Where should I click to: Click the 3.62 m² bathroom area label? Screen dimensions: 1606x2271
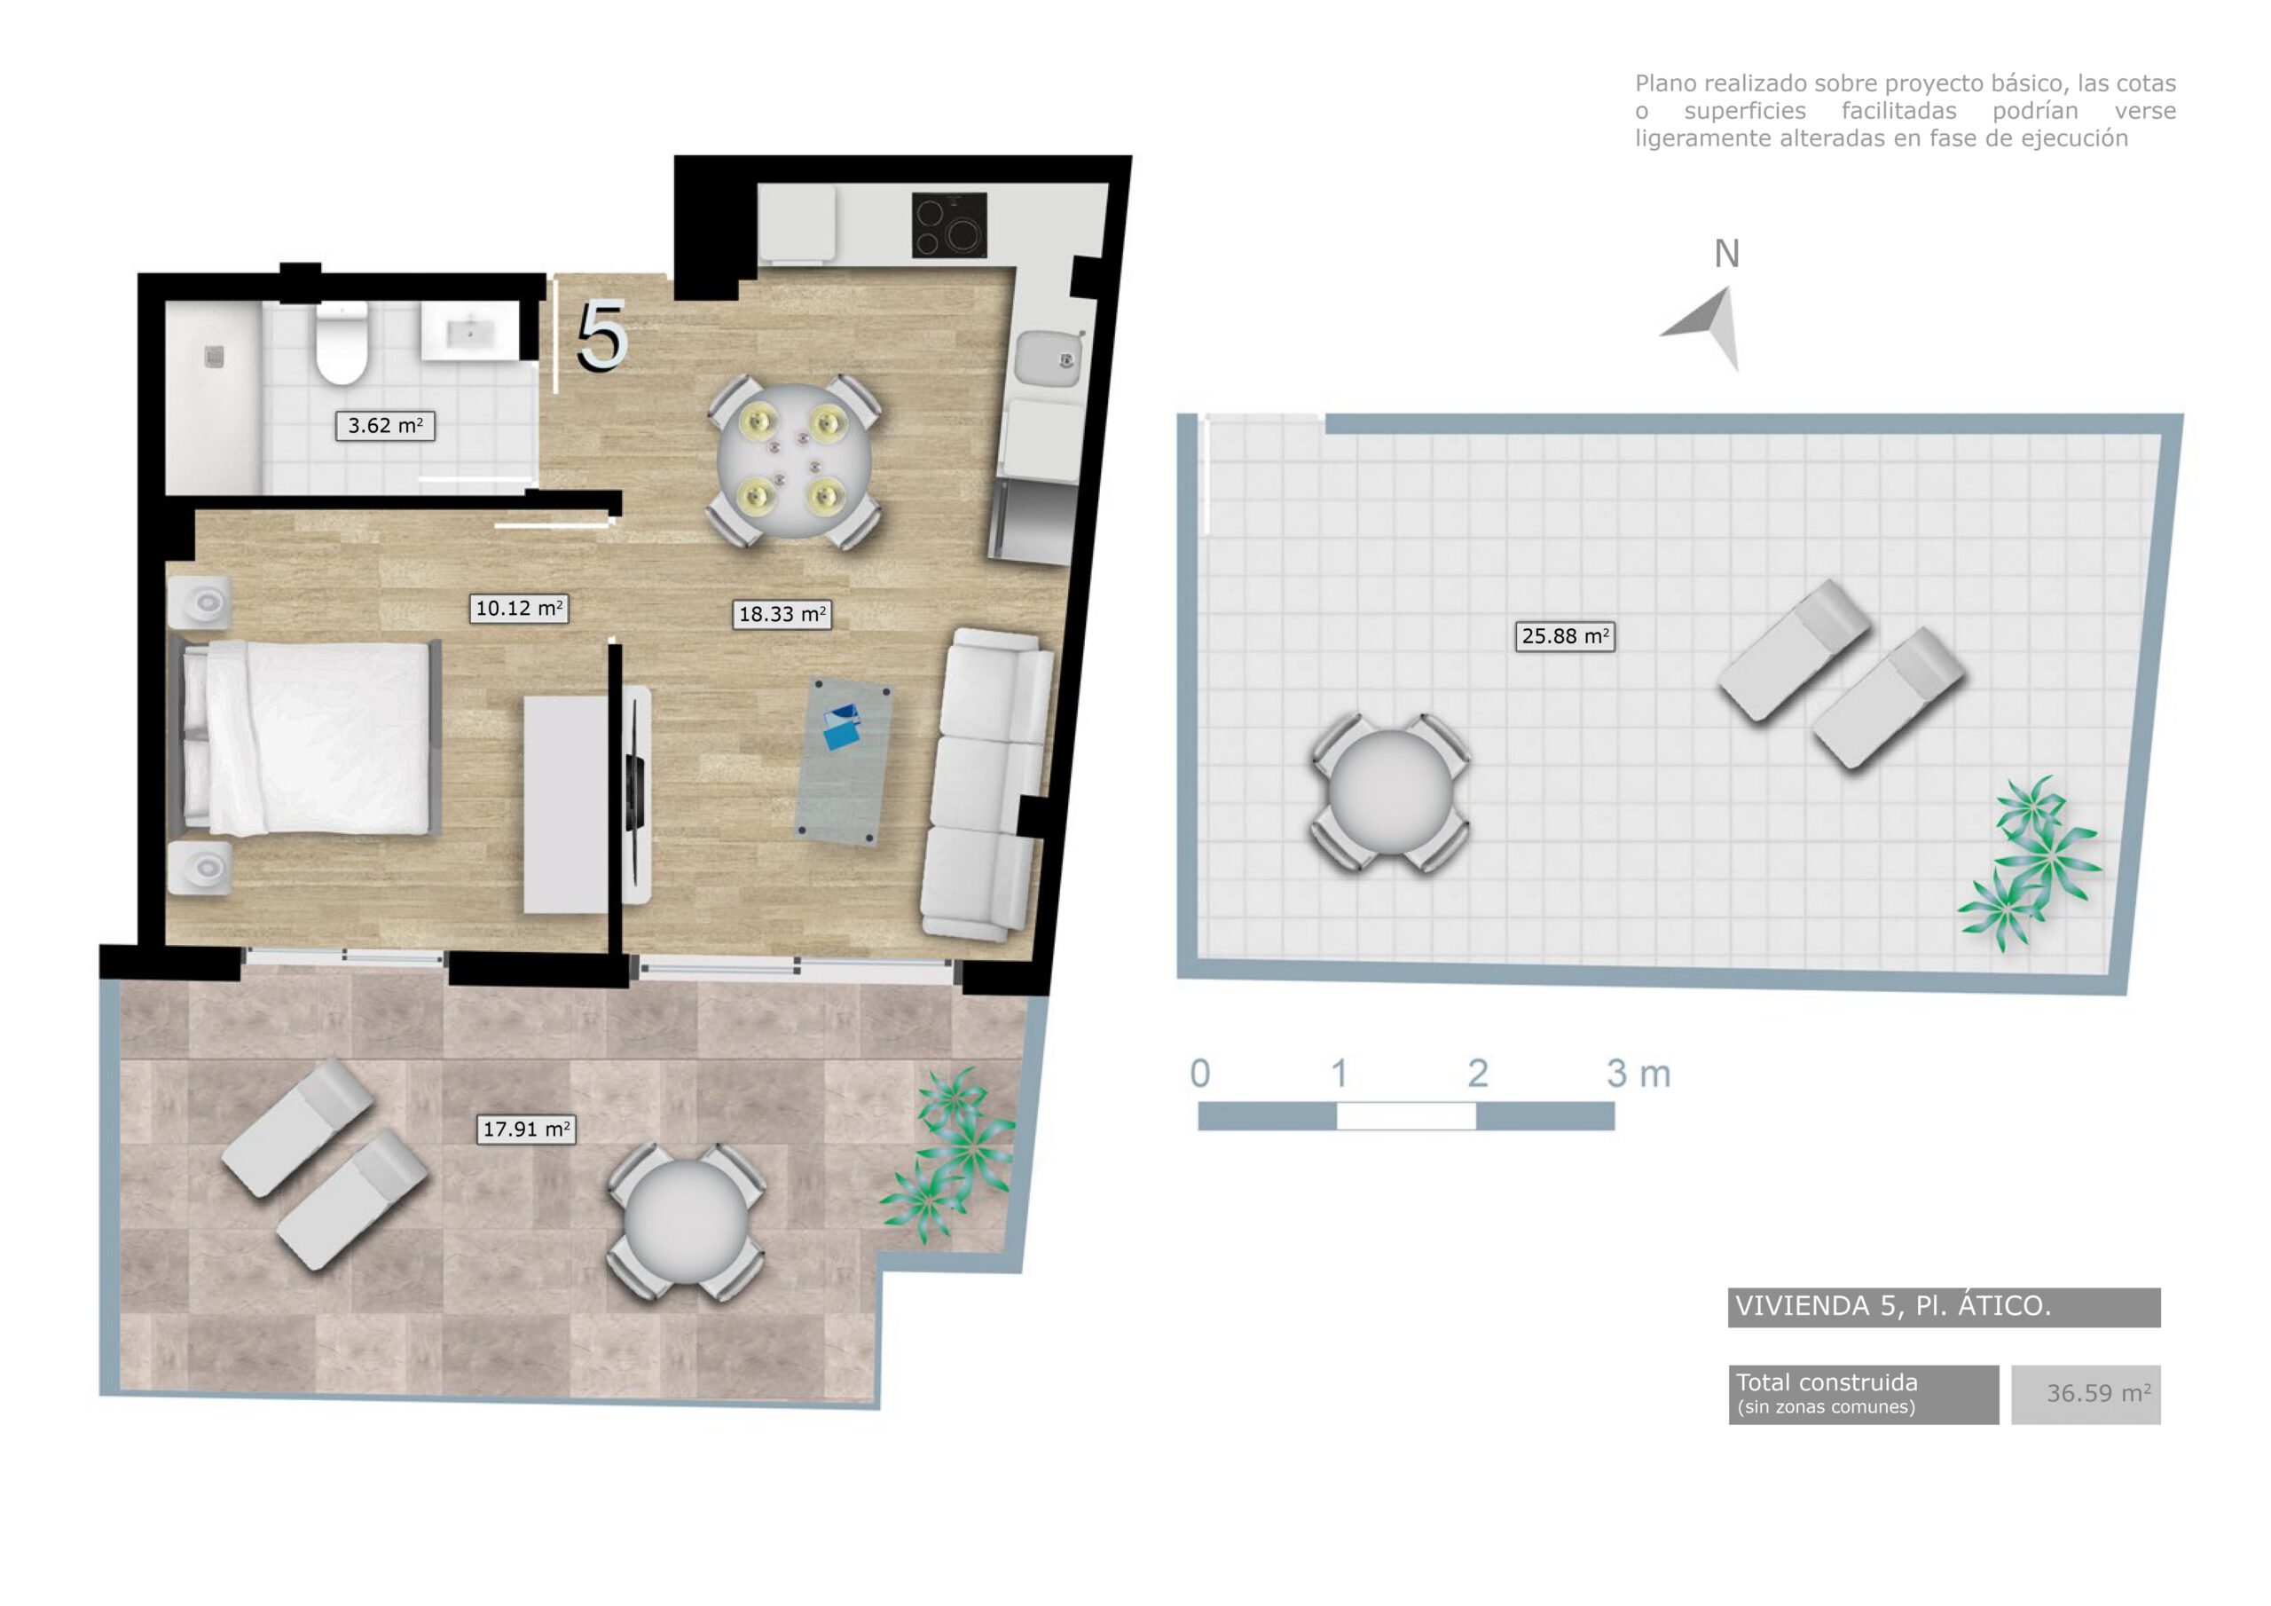pyautogui.click(x=385, y=427)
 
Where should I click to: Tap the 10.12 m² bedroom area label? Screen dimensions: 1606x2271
pyautogui.click(x=519, y=609)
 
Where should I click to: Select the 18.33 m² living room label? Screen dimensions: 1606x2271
pyautogui.click(x=782, y=615)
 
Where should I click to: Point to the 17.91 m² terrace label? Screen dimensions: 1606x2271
pyautogui.click(x=526, y=1129)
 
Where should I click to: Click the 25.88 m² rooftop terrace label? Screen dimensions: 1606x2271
pyautogui.click(x=1565, y=636)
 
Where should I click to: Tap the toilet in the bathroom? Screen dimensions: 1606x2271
pyautogui.click(x=342, y=343)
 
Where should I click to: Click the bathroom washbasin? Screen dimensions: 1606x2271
pyautogui.click(x=469, y=333)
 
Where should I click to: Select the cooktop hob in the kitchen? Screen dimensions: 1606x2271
pyautogui.click(x=948, y=225)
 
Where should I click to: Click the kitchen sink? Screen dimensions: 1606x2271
pyautogui.click(x=1049, y=358)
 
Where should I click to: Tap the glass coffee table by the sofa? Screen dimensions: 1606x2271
pyautogui.click(x=843, y=760)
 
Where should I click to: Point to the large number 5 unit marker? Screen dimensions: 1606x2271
pyautogui.click(x=601, y=336)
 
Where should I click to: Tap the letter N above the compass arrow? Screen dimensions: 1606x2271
pyautogui.click(x=1726, y=255)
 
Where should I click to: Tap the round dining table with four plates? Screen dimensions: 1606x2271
pyautogui.click(x=793, y=461)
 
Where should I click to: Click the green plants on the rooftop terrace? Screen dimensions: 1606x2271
pyautogui.click(x=2030, y=865)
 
